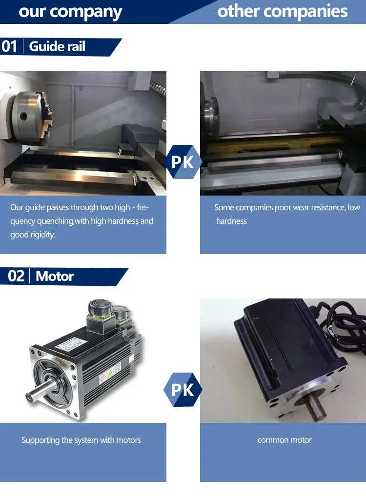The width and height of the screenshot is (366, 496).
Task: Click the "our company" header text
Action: click(x=70, y=12)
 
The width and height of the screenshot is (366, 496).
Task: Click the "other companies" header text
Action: click(x=283, y=11)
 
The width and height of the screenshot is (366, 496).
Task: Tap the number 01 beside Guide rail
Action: click(x=9, y=46)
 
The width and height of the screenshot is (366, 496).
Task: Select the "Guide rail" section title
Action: click(x=57, y=46)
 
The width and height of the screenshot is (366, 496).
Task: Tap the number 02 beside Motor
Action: click(x=17, y=276)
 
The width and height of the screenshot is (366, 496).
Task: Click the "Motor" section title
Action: click(x=55, y=276)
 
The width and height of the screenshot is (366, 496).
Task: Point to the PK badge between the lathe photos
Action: click(x=183, y=162)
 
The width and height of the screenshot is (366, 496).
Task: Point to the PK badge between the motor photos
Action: click(x=183, y=390)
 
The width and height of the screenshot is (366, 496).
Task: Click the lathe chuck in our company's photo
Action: click(x=30, y=118)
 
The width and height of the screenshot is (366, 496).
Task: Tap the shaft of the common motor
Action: click(x=315, y=408)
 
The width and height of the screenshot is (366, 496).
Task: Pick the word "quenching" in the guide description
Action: click(x=55, y=221)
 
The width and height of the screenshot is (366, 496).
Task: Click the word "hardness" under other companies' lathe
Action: click(x=231, y=221)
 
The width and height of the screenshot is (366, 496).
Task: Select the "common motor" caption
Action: click(x=285, y=440)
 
